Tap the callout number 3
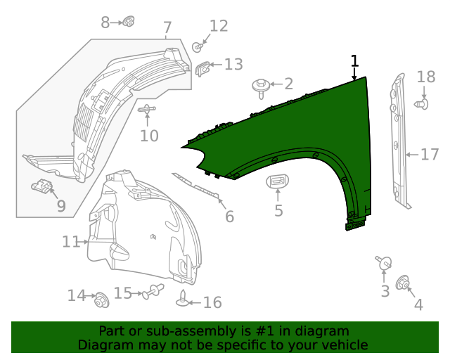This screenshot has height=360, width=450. tap(385, 291)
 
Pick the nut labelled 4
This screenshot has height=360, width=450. tap(404, 283)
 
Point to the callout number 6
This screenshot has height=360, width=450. tap(229, 217)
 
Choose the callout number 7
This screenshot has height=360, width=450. tap(167, 29)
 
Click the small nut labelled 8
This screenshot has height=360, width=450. tap(128, 22)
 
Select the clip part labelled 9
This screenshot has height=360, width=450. tap(44, 187)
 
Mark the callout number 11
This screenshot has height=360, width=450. tap(71, 242)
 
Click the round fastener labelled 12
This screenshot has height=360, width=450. tap(198, 47)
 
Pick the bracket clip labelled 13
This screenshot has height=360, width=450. tap(202, 68)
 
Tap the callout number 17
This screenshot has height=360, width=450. tap(430, 155)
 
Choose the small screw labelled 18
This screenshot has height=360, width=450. tap(422, 104)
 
